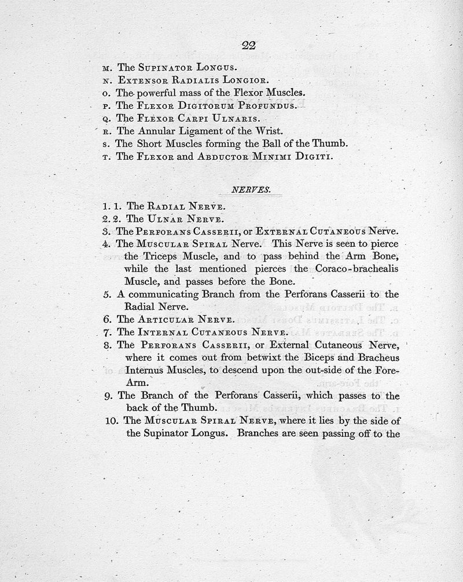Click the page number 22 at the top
pyautogui.click(x=249, y=46)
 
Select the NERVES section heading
pyautogui.click(x=247, y=189)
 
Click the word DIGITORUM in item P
pyautogui.click(x=197, y=106)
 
